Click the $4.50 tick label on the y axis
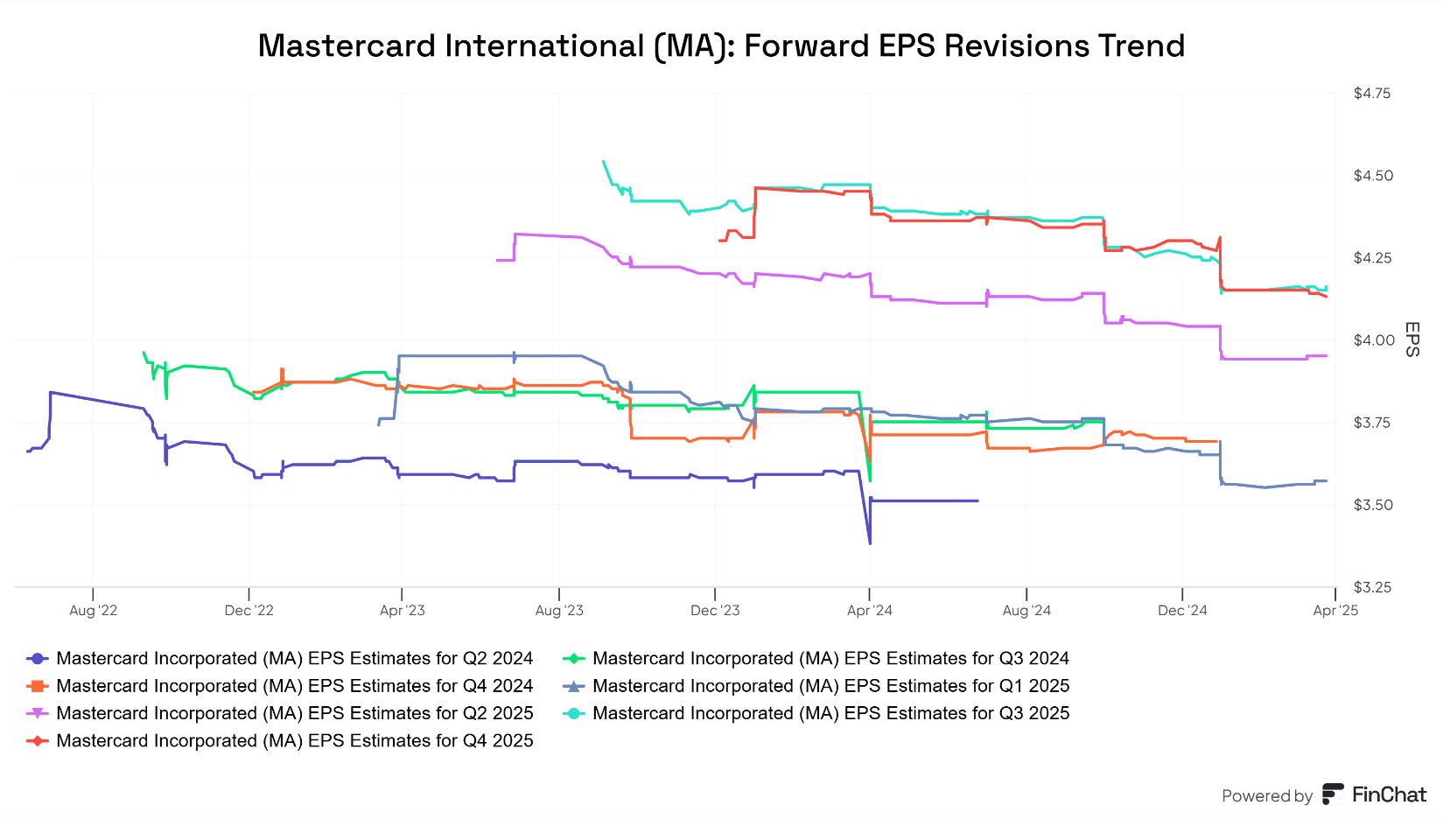tap(1372, 176)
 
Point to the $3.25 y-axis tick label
tap(1372, 587)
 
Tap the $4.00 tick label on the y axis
tap(1372, 340)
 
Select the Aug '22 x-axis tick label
tap(93, 611)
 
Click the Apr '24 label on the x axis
tap(869, 611)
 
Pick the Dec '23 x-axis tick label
tap(715, 611)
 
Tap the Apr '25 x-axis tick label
tap(1335, 611)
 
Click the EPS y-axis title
tap(1411, 339)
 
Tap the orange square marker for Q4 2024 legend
tap(38, 686)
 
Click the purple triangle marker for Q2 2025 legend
tap(38, 713)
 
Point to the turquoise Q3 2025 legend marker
tap(574, 713)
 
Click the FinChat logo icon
tap(1333, 794)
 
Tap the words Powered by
tap(1266, 796)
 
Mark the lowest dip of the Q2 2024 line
tap(869, 543)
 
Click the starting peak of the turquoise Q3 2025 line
tap(603, 161)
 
